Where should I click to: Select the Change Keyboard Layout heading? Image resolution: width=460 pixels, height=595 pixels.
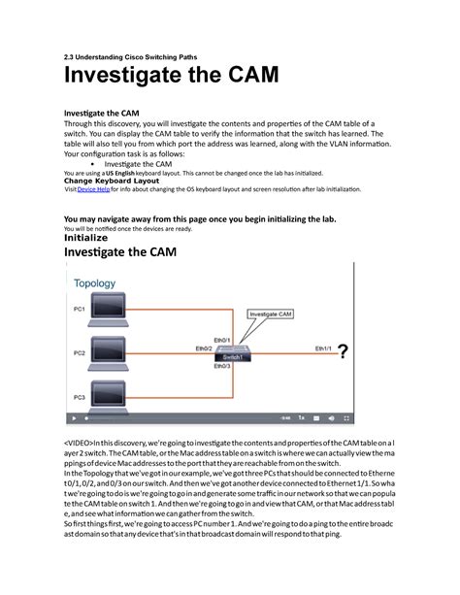[x=112, y=180]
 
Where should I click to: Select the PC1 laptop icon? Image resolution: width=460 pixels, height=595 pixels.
[x=115, y=313]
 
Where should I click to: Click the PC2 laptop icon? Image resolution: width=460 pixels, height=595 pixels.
[x=115, y=355]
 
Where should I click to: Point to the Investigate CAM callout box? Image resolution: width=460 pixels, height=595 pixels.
[x=275, y=314]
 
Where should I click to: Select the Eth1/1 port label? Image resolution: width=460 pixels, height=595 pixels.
[x=323, y=346]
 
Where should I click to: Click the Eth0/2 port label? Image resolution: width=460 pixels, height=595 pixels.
[x=204, y=347]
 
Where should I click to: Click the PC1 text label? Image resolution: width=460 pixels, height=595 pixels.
[x=79, y=309]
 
